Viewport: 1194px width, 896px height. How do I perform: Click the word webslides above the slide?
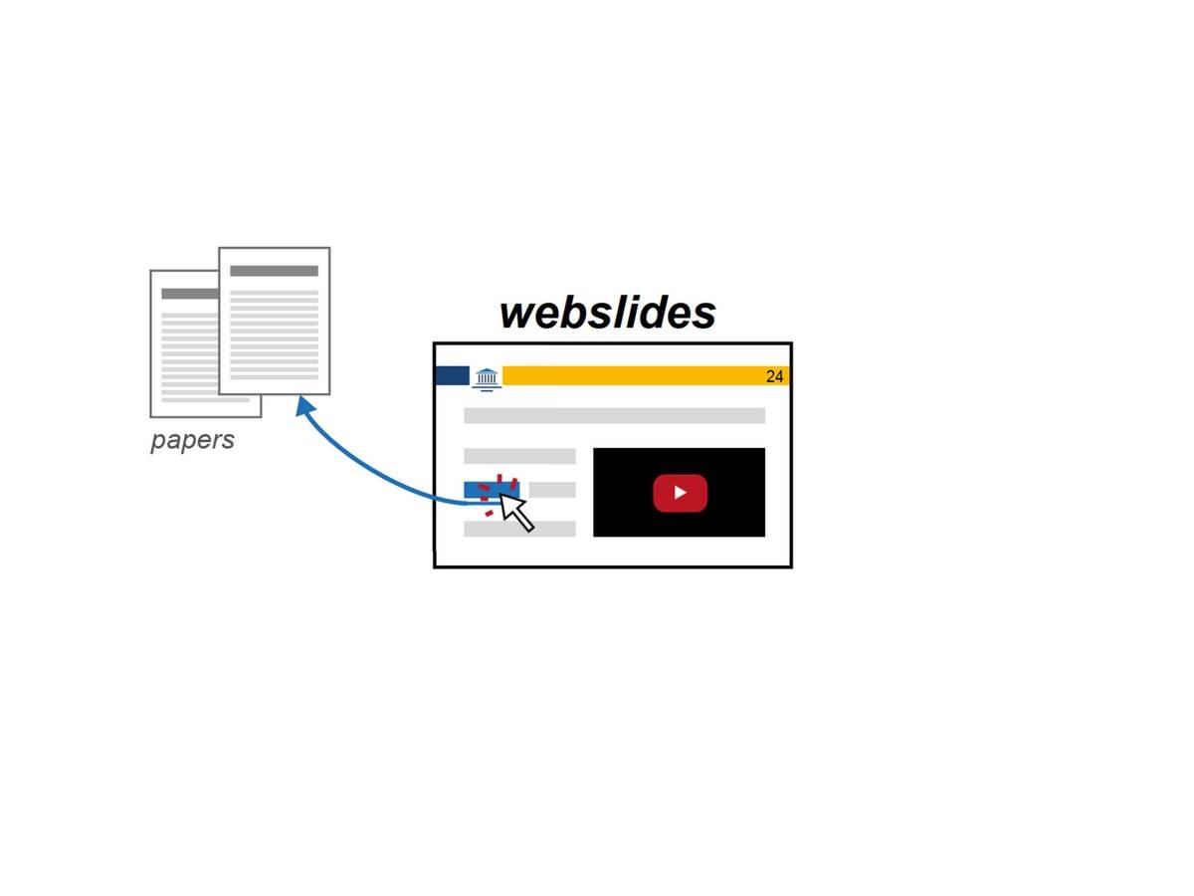coord(607,312)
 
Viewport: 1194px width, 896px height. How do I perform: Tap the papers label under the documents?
coord(192,440)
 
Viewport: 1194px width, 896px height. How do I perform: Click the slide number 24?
coord(774,376)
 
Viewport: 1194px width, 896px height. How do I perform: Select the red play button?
coord(680,493)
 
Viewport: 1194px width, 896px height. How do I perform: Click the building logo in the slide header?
coord(487,377)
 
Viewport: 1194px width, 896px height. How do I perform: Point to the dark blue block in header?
coord(453,375)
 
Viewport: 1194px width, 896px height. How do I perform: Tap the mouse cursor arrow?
coord(514,510)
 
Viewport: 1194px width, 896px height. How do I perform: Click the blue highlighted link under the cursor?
coord(477,490)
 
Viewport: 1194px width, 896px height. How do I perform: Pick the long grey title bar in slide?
coord(614,415)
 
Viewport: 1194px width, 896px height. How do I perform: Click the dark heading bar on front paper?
coord(274,271)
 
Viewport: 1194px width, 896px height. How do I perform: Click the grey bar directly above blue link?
coord(519,456)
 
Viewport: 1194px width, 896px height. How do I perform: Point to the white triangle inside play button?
coord(681,493)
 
